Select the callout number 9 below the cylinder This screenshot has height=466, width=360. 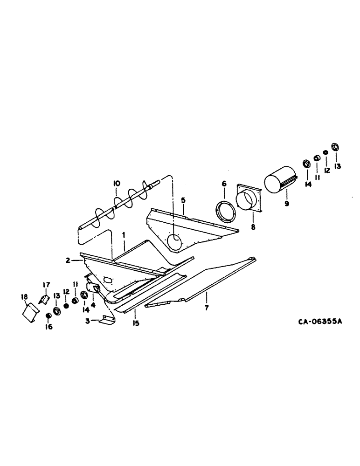[286, 204]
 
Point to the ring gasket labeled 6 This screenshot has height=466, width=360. [225, 207]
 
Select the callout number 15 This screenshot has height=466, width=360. [136, 322]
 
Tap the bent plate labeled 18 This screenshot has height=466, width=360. [31, 311]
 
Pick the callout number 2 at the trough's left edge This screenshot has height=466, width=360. [69, 261]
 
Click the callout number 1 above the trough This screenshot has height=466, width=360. [124, 235]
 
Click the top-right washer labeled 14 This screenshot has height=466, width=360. [306, 164]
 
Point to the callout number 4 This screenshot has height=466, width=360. [93, 305]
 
